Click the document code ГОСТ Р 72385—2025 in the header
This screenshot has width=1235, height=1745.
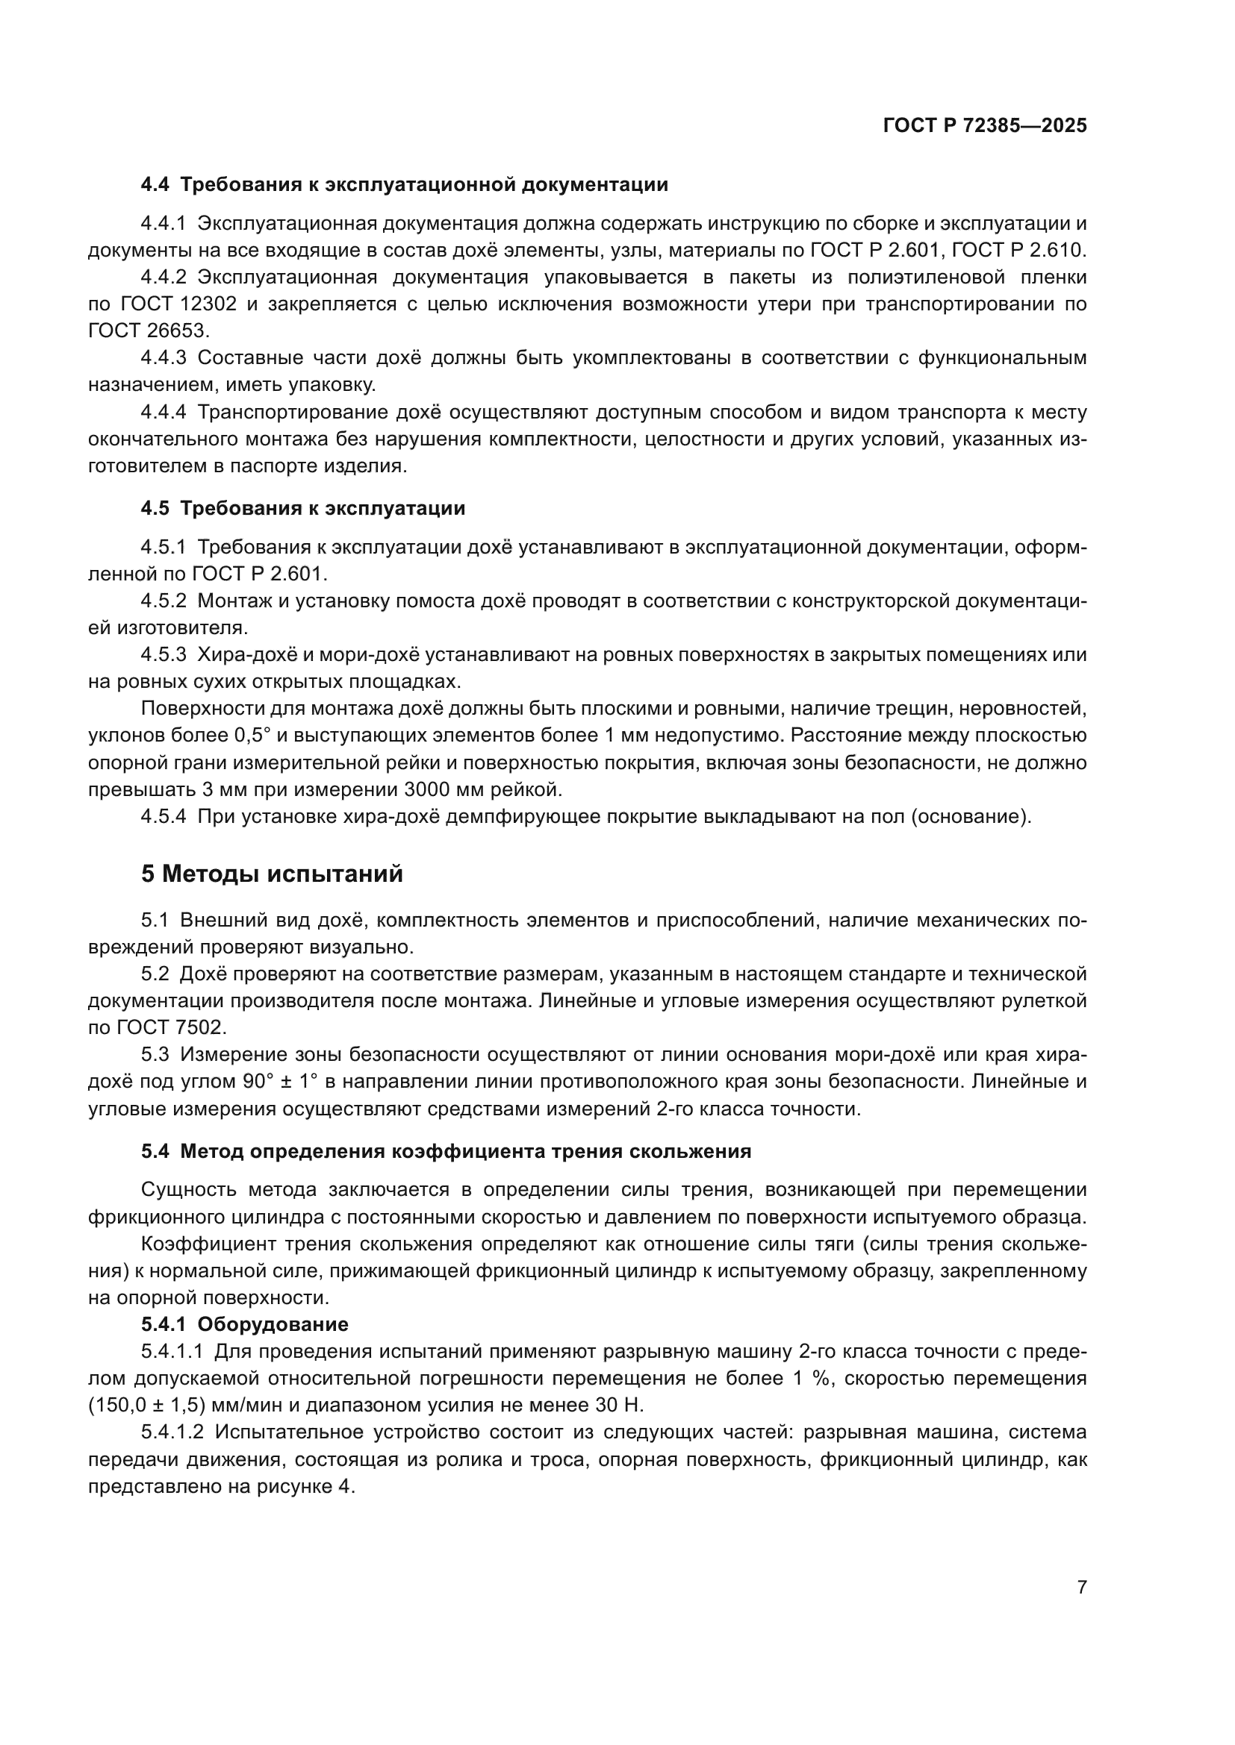985,126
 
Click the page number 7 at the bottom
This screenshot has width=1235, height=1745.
1081,1587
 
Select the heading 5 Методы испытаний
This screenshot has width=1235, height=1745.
272,874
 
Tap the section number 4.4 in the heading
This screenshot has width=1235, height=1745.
155,185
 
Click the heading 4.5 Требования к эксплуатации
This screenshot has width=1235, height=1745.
302,509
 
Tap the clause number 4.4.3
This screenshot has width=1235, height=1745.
163,358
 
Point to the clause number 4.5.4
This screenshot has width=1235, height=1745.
163,817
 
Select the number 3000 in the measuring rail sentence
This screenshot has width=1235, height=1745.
429,789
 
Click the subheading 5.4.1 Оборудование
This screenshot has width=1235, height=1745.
244,1324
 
